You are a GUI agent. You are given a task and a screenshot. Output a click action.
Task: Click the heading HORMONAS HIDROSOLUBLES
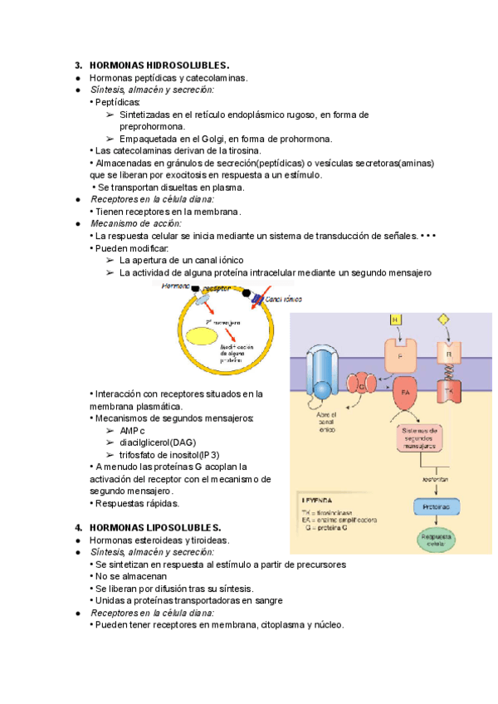point(159,65)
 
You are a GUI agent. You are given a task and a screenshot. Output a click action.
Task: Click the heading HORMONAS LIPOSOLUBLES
point(155,527)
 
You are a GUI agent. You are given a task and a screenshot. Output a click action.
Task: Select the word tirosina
point(239,150)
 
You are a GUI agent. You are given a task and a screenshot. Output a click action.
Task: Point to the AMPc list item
point(132,431)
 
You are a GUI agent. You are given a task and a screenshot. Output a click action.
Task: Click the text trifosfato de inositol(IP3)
point(169,455)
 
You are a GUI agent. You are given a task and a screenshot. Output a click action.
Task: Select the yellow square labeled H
point(395,320)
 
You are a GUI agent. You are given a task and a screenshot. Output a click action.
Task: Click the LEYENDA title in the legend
point(318,500)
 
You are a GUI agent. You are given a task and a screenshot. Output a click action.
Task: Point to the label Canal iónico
point(283,298)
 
